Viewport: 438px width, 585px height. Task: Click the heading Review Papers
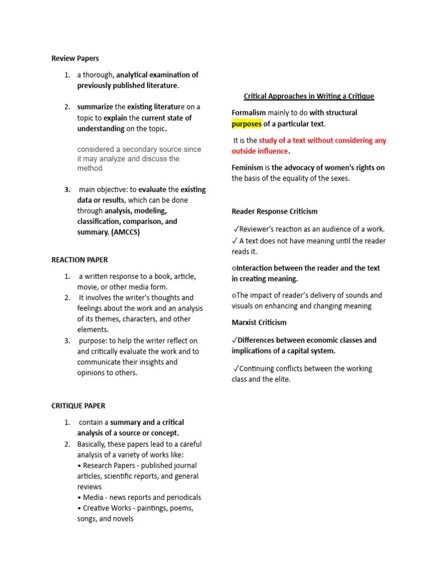tap(75, 58)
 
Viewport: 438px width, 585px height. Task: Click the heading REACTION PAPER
tap(79, 260)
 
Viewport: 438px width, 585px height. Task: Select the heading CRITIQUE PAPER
tap(78, 406)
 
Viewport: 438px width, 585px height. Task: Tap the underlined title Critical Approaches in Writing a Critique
tap(309, 96)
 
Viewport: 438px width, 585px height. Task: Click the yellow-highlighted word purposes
tap(246, 123)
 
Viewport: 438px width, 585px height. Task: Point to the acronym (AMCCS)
tap(125, 232)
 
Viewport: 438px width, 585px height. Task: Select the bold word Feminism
tap(247, 167)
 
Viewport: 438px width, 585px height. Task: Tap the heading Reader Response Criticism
tap(274, 211)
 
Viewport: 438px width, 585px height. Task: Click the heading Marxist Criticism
tap(259, 323)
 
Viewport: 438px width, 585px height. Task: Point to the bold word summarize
tap(95, 107)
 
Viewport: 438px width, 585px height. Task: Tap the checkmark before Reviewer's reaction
tap(236, 229)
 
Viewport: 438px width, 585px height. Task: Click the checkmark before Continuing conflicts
tap(236, 368)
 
